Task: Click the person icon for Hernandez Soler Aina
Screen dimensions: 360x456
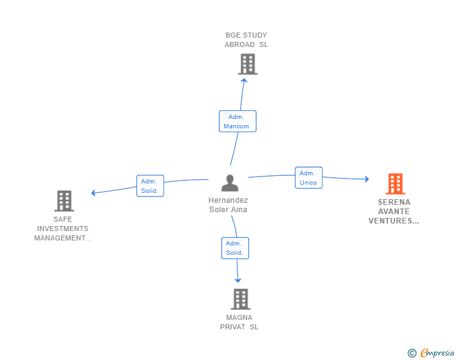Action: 230,183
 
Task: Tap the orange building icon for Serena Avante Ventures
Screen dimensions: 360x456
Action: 395,183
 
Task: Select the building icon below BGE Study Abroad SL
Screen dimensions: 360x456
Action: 247,64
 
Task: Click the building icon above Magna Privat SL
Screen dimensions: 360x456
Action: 241,299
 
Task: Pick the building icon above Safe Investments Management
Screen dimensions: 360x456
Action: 64,200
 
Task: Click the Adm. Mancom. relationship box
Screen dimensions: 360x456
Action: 237,121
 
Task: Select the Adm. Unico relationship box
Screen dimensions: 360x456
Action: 308,178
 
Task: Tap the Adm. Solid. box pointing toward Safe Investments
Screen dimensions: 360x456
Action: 150,186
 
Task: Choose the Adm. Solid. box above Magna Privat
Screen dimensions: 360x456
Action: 235,248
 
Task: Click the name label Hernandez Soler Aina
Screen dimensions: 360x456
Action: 228,205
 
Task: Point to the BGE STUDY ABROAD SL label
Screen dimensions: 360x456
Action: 246,40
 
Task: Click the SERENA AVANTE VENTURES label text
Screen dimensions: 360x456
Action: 394,212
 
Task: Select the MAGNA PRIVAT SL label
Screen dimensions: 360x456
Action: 239,322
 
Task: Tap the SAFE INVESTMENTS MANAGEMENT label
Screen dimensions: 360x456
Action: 63,229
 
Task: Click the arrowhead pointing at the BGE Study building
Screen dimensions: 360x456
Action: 245,78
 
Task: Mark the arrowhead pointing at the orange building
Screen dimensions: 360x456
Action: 366,179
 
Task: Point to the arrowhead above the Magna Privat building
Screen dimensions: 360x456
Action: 238,280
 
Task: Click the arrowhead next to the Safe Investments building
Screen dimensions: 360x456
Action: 94,193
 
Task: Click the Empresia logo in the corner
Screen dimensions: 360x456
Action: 437,353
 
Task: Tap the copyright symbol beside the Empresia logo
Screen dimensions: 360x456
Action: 412,353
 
